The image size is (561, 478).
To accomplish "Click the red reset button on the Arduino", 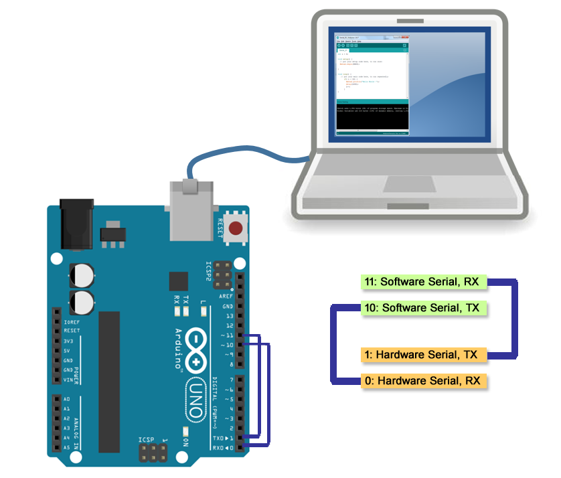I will click(235, 229).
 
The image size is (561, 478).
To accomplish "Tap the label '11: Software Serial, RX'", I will click(421, 282).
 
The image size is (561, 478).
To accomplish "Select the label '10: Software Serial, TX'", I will click(421, 308).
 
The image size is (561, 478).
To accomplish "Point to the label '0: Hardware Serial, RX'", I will click(422, 381).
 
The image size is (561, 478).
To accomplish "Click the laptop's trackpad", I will click(409, 185).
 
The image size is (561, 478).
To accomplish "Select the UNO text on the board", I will click(193, 399).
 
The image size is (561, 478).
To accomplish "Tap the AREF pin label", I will click(226, 295).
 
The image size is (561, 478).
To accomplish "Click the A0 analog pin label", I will click(66, 399).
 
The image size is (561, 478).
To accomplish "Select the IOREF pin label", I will click(70, 321).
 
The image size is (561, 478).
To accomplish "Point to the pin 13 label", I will click(229, 315).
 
